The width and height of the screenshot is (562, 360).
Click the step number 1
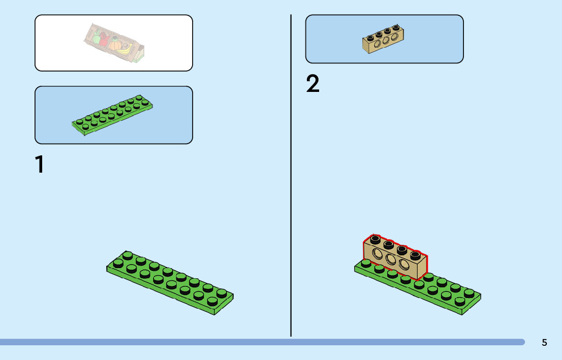click(39, 165)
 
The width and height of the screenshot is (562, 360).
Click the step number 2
click(313, 84)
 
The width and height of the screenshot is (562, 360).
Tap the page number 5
click(544, 342)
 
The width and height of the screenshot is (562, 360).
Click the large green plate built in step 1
click(170, 282)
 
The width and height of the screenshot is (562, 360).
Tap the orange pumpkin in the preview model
click(115, 45)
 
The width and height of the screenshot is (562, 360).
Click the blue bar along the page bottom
click(262, 342)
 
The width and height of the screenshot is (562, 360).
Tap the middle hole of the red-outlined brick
click(391, 260)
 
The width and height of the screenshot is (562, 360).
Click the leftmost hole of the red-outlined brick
click(378, 254)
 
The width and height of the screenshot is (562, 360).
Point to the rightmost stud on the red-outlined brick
click(415, 254)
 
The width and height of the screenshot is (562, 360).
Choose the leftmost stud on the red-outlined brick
click(375, 239)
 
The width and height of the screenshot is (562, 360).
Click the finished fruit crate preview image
click(114, 43)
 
